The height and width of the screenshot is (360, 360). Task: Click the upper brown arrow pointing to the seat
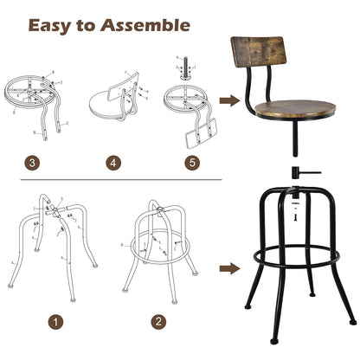pyautogui.click(x=228, y=101)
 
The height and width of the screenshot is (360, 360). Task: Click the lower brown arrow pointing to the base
pyautogui.click(x=228, y=267)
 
